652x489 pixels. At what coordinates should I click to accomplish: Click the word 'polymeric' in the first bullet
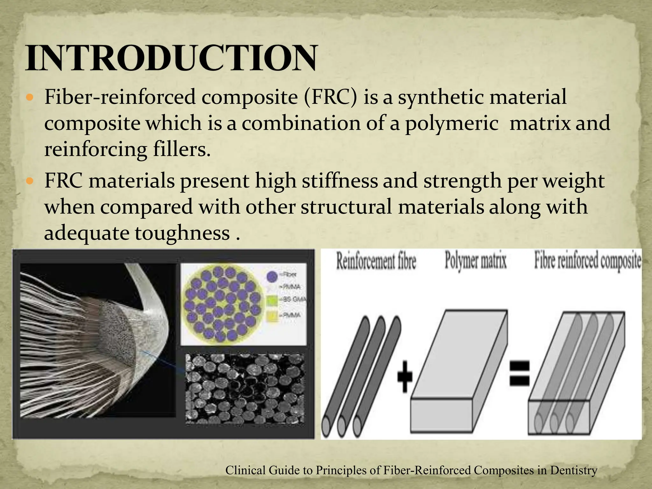pyautogui.click(x=451, y=124)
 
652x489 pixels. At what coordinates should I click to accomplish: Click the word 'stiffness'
pyautogui.click(x=339, y=181)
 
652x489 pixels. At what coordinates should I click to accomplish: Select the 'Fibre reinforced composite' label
pyautogui.click(x=587, y=261)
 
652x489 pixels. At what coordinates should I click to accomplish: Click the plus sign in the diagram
pyautogui.click(x=405, y=378)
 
